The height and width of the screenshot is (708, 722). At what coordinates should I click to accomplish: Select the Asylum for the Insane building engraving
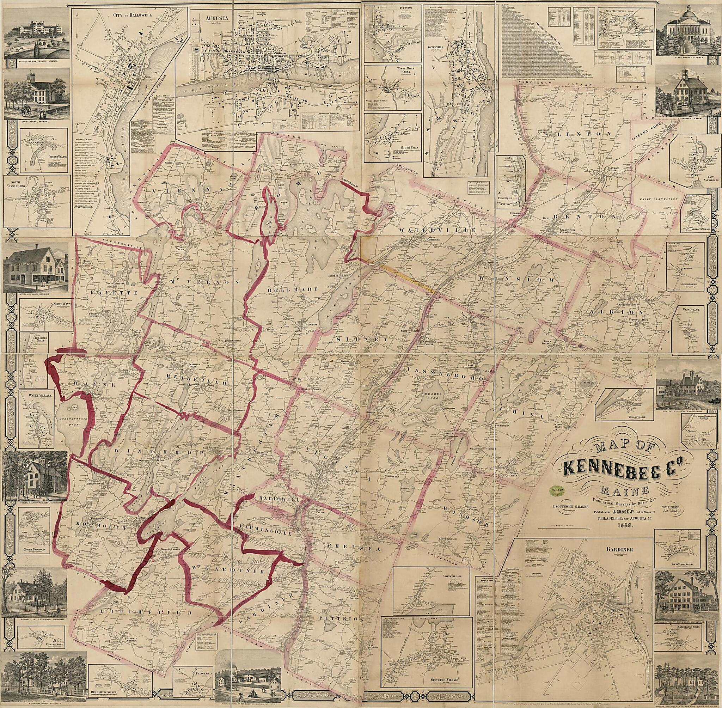[35, 33]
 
